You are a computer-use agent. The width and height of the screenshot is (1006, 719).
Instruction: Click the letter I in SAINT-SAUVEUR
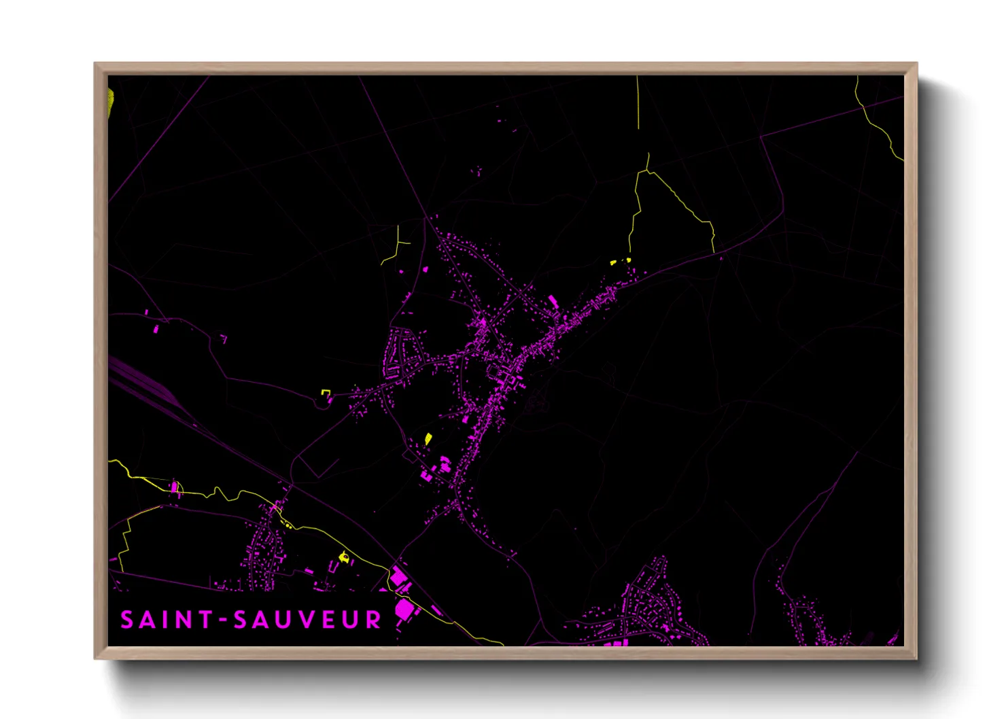tap(163, 620)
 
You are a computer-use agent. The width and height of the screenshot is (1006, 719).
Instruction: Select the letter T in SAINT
tap(203, 620)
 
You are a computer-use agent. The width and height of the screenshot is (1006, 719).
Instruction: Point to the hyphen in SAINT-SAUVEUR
tap(222, 620)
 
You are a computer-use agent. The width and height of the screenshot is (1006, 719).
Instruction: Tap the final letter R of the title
tap(373, 620)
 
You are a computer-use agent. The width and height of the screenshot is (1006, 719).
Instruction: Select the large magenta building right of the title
tap(405, 609)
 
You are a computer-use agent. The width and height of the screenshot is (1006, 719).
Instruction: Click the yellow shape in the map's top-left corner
tap(111, 102)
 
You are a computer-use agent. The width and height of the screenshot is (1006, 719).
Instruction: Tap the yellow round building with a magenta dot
tap(344, 557)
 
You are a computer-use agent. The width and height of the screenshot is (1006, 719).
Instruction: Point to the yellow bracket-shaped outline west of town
tap(326, 392)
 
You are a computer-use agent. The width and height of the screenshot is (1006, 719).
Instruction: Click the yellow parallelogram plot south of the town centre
tap(428, 438)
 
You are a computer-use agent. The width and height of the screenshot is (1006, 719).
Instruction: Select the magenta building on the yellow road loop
tap(174, 487)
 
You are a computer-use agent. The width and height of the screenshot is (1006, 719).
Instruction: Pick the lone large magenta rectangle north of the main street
tap(553, 301)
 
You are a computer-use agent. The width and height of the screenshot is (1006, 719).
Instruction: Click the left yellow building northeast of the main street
tap(612, 262)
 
